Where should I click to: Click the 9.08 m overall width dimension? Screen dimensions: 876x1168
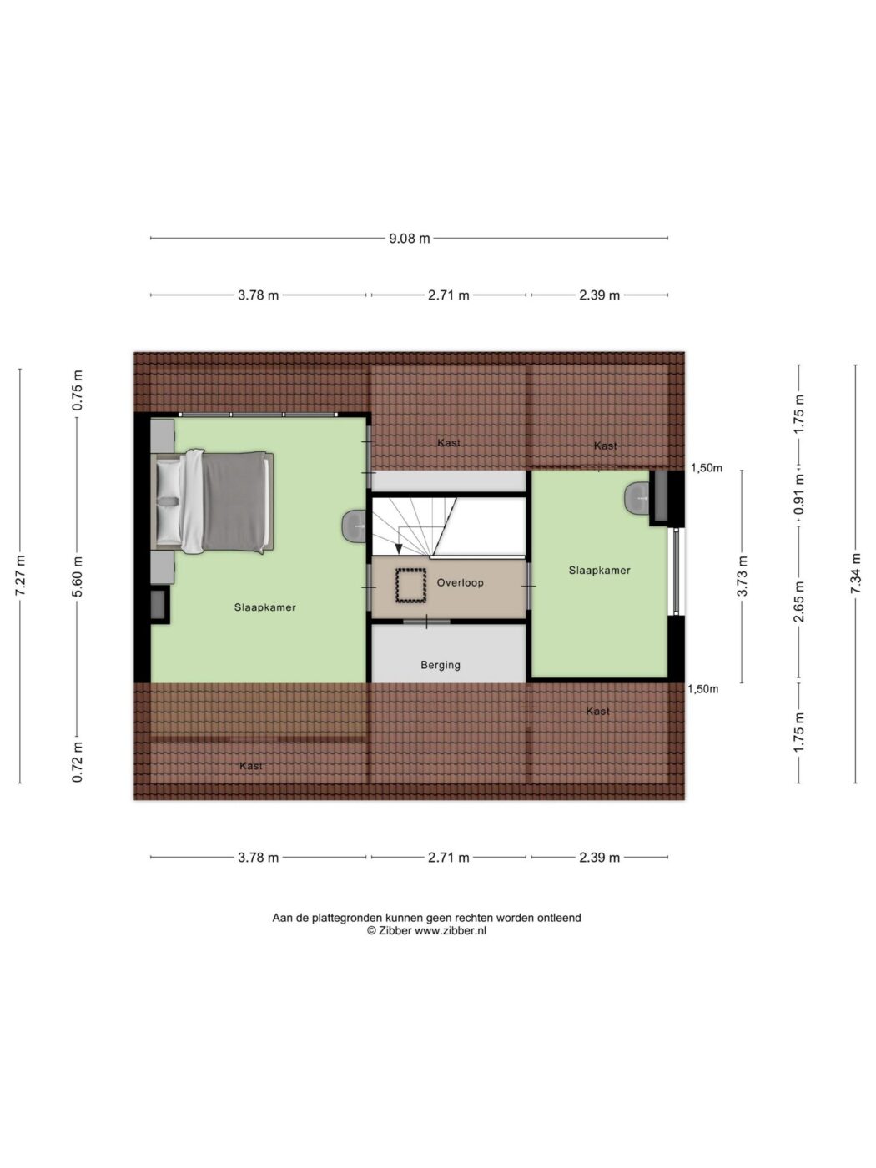point(409,239)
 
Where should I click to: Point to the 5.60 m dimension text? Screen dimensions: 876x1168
point(77,576)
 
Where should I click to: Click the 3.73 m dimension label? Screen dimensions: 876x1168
point(742,576)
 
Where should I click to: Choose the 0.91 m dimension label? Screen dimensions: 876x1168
point(799,495)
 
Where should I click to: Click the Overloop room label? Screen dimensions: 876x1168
point(460,582)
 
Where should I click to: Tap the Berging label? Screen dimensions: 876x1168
point(441,665)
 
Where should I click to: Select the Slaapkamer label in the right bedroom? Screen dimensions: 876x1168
point(599,571)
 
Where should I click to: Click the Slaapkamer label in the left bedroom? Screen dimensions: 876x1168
point(264,607)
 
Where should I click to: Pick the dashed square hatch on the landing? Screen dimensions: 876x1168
point(410,586)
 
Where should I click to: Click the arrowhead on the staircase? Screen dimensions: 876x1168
point(399,549)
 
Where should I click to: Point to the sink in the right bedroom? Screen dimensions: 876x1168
point(637,498)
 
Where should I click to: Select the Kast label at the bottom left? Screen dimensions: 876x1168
point(251,766)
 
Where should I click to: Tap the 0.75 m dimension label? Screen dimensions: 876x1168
point(77,390)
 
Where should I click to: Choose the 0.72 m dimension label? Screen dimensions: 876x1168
point(77,762)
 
